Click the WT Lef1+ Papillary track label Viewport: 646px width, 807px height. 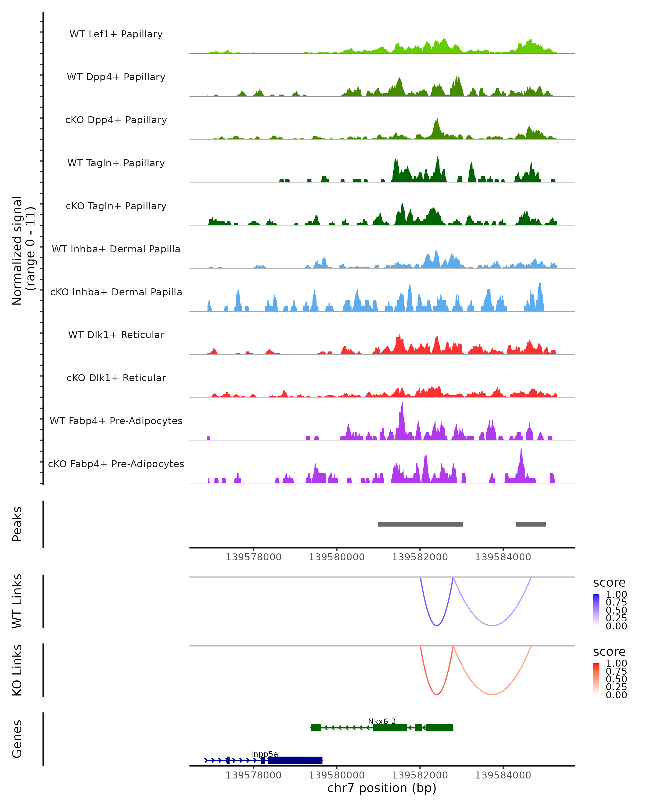pyautogui.click(x=116, y=34)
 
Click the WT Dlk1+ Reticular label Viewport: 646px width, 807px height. pyautogui.click(x=116, y=335)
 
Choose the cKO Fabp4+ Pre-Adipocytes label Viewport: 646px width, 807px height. pyautogui.click(x=116, y=464)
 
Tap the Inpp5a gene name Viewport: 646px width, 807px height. pyautogui.click(x=264, y=754)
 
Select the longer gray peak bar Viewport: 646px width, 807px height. pyautogui.click(x=420, y=524)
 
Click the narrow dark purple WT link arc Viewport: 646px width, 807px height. pyautogui.click(x=437, y=625)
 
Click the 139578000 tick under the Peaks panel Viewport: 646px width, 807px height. pyautogui.click(x=254, y=557)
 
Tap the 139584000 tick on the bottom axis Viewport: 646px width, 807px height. pyautogui.click(x=503, y=775)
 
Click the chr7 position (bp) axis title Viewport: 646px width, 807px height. pyautogui.click(x=382, y=788)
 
